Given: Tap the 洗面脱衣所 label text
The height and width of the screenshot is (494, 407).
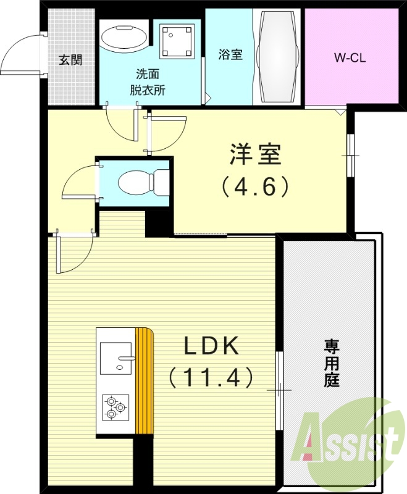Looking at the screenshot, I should pyautogui.click(x=147, y=82).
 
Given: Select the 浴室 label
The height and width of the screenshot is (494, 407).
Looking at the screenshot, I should pyautogui.click(x=230, y=54).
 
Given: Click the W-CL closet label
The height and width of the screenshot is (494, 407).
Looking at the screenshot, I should pyautogui.click(x=351, y=59).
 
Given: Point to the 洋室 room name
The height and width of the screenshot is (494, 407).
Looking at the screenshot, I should pyautogui.click(x=255, y=155).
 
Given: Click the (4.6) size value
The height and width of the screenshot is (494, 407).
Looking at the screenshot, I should pyautogui.click(x=255, y=186).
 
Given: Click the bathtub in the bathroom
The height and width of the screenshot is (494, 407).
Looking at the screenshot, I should pyautogui.click(x=279, y=57).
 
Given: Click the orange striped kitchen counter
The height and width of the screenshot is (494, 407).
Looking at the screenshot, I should pyautogui.click(x=144, y=381).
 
